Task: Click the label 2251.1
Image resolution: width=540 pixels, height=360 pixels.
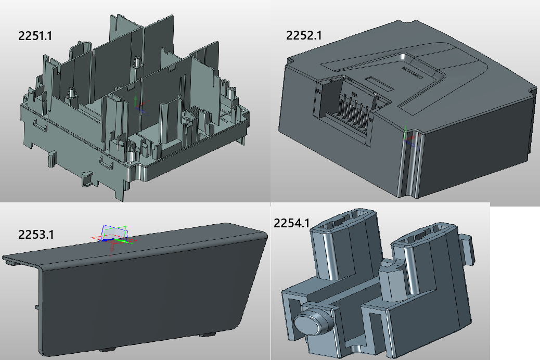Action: click(35, 36)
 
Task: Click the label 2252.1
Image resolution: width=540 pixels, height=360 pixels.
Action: click(303, 35)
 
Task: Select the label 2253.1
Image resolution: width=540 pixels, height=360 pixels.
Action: click(36, 235)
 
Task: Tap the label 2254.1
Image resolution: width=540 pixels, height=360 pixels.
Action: click(291, 223)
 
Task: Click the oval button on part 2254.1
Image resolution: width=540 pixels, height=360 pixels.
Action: click(312, 321)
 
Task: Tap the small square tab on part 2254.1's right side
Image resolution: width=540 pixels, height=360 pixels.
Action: click(467, 250)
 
